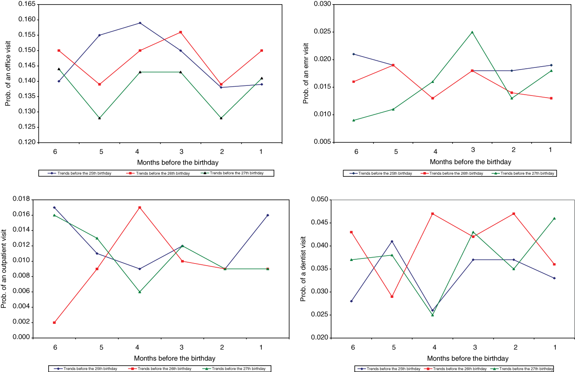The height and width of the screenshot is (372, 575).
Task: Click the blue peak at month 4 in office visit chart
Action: point(140,23)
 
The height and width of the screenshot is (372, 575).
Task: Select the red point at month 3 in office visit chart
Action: point(181,32)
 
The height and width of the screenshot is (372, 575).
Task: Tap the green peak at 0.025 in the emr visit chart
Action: point(472,32)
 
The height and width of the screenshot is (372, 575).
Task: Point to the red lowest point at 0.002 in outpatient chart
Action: point(55,323)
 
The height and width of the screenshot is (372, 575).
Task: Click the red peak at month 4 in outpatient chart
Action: point(140,207)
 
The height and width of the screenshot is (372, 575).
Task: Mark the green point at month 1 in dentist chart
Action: point(554,218)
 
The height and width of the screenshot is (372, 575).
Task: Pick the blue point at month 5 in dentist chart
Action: point(392,241)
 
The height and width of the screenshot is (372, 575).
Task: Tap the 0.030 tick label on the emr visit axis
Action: point(323,4)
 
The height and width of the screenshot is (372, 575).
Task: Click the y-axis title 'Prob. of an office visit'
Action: point(8,73)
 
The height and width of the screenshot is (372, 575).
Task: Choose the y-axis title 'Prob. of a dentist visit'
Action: point(303,269)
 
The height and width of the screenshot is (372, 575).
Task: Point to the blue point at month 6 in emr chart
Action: point(354,54)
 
